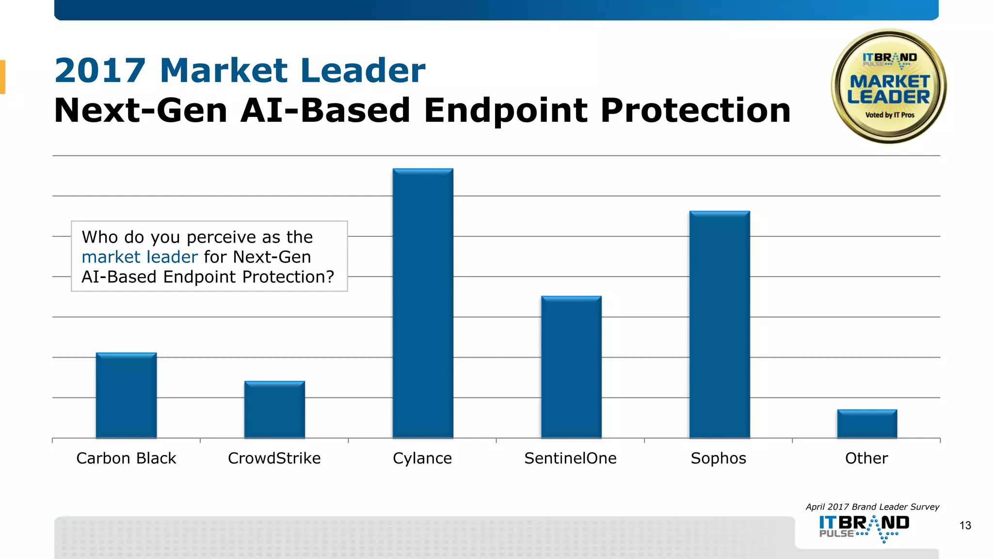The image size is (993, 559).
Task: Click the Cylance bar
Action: tap(423, 303)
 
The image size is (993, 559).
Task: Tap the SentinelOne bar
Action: tap(571, 367)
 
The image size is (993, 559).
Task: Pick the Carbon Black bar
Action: tap(126, 395)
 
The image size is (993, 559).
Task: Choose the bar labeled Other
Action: tap(867, 424)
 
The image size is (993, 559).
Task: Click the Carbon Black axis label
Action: tap(126, 458)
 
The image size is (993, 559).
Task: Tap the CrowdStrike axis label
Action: tap(274, 458)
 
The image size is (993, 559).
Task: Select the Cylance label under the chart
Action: tap(422, 458)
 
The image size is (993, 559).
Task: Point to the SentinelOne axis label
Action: tap(570, 458)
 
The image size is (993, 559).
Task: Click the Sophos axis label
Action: tap(719, 458)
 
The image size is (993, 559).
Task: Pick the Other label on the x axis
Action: tap(866, 458)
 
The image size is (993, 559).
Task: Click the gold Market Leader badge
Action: tap(889, 86)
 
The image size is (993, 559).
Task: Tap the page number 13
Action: tap(965, 526)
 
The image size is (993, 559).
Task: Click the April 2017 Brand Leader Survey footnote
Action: tap(872, 507)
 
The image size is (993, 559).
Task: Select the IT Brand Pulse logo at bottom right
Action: tap(864, 528)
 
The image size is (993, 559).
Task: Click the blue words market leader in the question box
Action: tap(140, 257)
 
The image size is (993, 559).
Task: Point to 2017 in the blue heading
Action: tap(100, 71)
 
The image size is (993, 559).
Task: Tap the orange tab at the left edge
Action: tap(2, 77)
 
